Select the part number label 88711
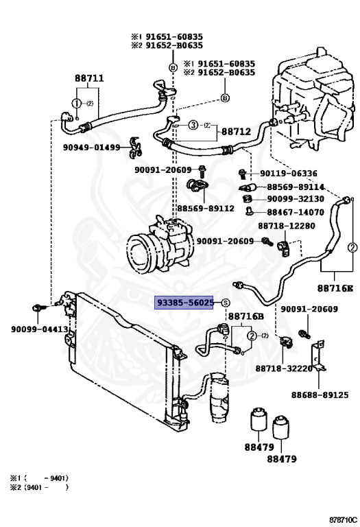point(89,78)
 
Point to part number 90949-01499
point(90,147)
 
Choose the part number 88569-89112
point(206,208)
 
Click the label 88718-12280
point(287,226)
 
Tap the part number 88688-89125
point(320,395)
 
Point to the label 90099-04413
point(39,329)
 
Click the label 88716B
point(245,316)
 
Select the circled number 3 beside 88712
point(193,125)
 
